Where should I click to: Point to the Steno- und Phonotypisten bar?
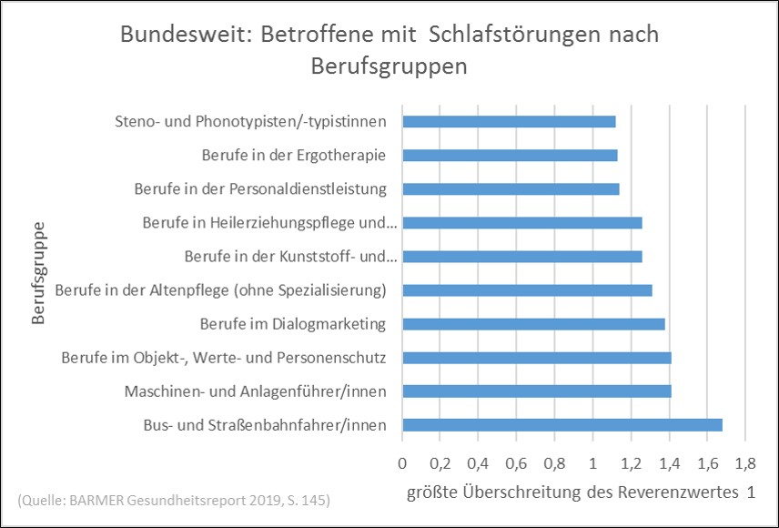click(509, 121)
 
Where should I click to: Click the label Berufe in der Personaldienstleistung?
click(260, 189)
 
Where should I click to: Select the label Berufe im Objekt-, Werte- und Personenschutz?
click(224, 358)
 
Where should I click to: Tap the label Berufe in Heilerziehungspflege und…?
click(270, 223)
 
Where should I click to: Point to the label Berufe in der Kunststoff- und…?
click(290, 257)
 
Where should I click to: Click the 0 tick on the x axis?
click(402, 463)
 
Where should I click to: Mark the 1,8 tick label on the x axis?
click(745, 463)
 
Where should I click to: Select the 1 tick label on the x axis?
click(592, 463)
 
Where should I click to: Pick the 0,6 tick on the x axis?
click(516, 463)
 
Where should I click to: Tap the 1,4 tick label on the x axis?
click(669, 463)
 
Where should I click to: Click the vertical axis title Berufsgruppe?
click(37, 273)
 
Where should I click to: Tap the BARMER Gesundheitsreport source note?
click(174, 500)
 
